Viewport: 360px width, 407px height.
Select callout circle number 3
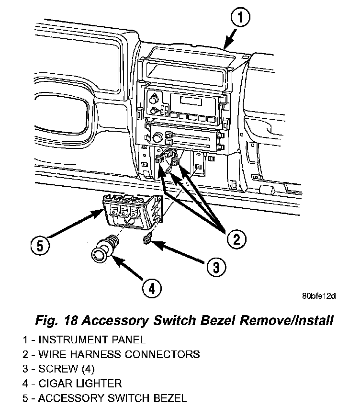pos(217,266)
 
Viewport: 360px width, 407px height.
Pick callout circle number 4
pos(151,288)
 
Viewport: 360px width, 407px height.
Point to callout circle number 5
pos(41,246)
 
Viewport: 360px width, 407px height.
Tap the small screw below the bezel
pos(148,238)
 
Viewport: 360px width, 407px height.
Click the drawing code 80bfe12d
pos(318,295)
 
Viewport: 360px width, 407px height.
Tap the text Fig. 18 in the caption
pos(52,320)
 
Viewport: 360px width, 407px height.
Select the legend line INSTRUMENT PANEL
pos(83,340)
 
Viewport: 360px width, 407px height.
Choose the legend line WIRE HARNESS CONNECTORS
pos(111,354)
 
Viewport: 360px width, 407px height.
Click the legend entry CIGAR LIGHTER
pos(72,383)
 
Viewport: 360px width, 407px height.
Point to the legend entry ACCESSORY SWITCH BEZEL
pos(104,397)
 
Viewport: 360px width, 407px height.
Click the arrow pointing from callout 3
pos(179,254)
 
